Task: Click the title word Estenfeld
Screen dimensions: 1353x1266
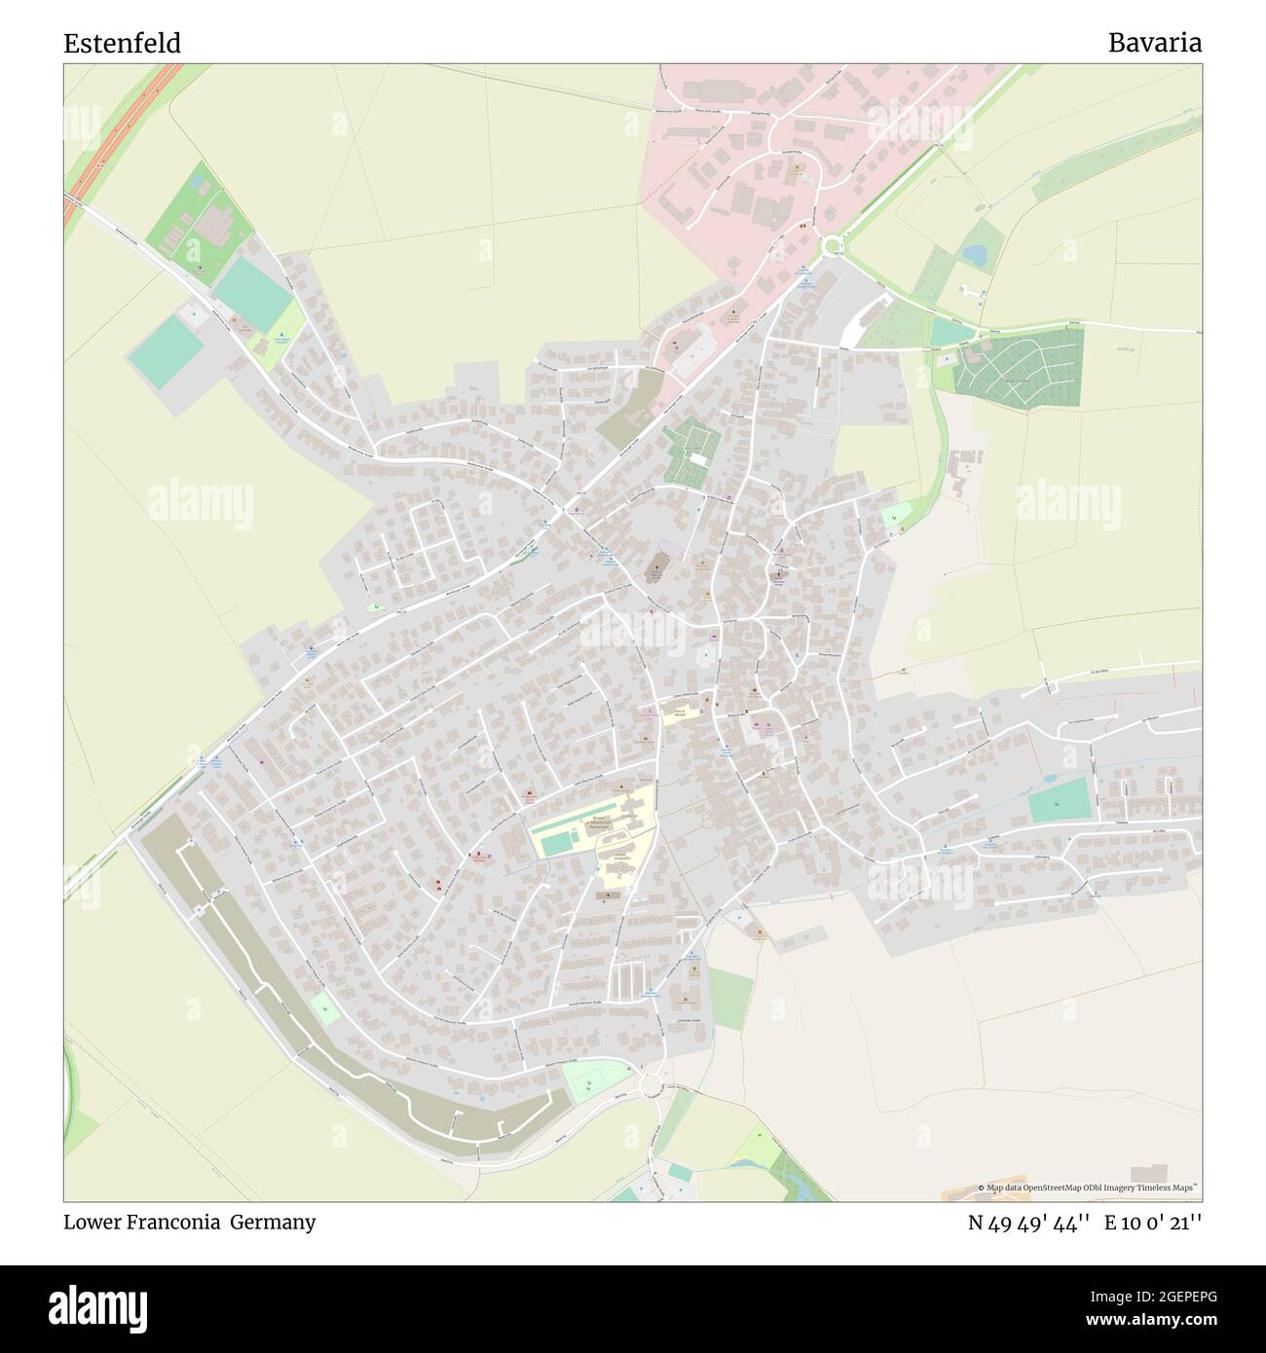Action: (122, 44)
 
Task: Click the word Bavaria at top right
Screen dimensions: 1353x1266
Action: (1154, 43)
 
